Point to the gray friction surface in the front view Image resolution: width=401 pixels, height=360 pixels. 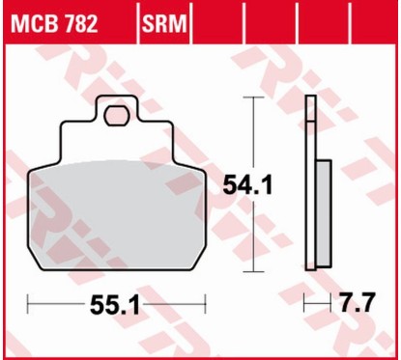(x=116, y=212)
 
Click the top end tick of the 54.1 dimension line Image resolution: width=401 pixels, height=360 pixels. (x=253, y=97)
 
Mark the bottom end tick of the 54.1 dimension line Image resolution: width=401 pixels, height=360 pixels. (x=253, y=272)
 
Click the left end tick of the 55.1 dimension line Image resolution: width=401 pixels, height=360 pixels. (x=28, y=306)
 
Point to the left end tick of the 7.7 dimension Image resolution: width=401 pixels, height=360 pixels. (x=305, y=306)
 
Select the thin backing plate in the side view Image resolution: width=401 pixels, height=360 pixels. (x=309, y=183)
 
